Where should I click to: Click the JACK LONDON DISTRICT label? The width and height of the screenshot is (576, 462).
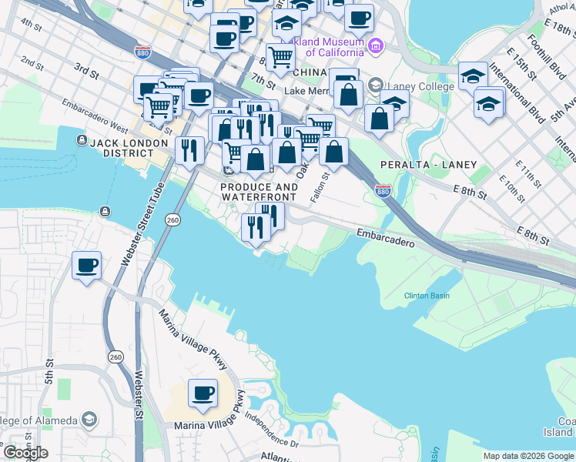click(x=129, y=143)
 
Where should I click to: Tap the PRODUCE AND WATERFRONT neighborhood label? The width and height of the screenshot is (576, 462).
click(x=259, y=192)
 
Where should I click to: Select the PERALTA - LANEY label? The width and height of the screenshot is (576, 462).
click(x=428, y=165)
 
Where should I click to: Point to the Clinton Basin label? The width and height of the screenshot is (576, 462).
click(x=427, y=296)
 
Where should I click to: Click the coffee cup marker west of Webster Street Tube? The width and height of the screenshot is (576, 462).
click(x=86, y=266)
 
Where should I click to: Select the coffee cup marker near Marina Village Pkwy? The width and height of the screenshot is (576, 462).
click(x=203, y=393)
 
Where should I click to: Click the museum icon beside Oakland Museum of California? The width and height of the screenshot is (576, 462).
click(x=375, y=46)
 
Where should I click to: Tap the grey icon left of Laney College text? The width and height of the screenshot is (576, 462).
click(x=375, y=85)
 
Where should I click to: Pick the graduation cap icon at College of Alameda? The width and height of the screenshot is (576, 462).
click(x=90, y=420)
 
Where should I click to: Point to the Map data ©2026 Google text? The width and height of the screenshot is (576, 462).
click(x=527, y=457)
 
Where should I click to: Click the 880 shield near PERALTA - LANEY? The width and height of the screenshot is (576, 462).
click(x=382, y=190)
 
